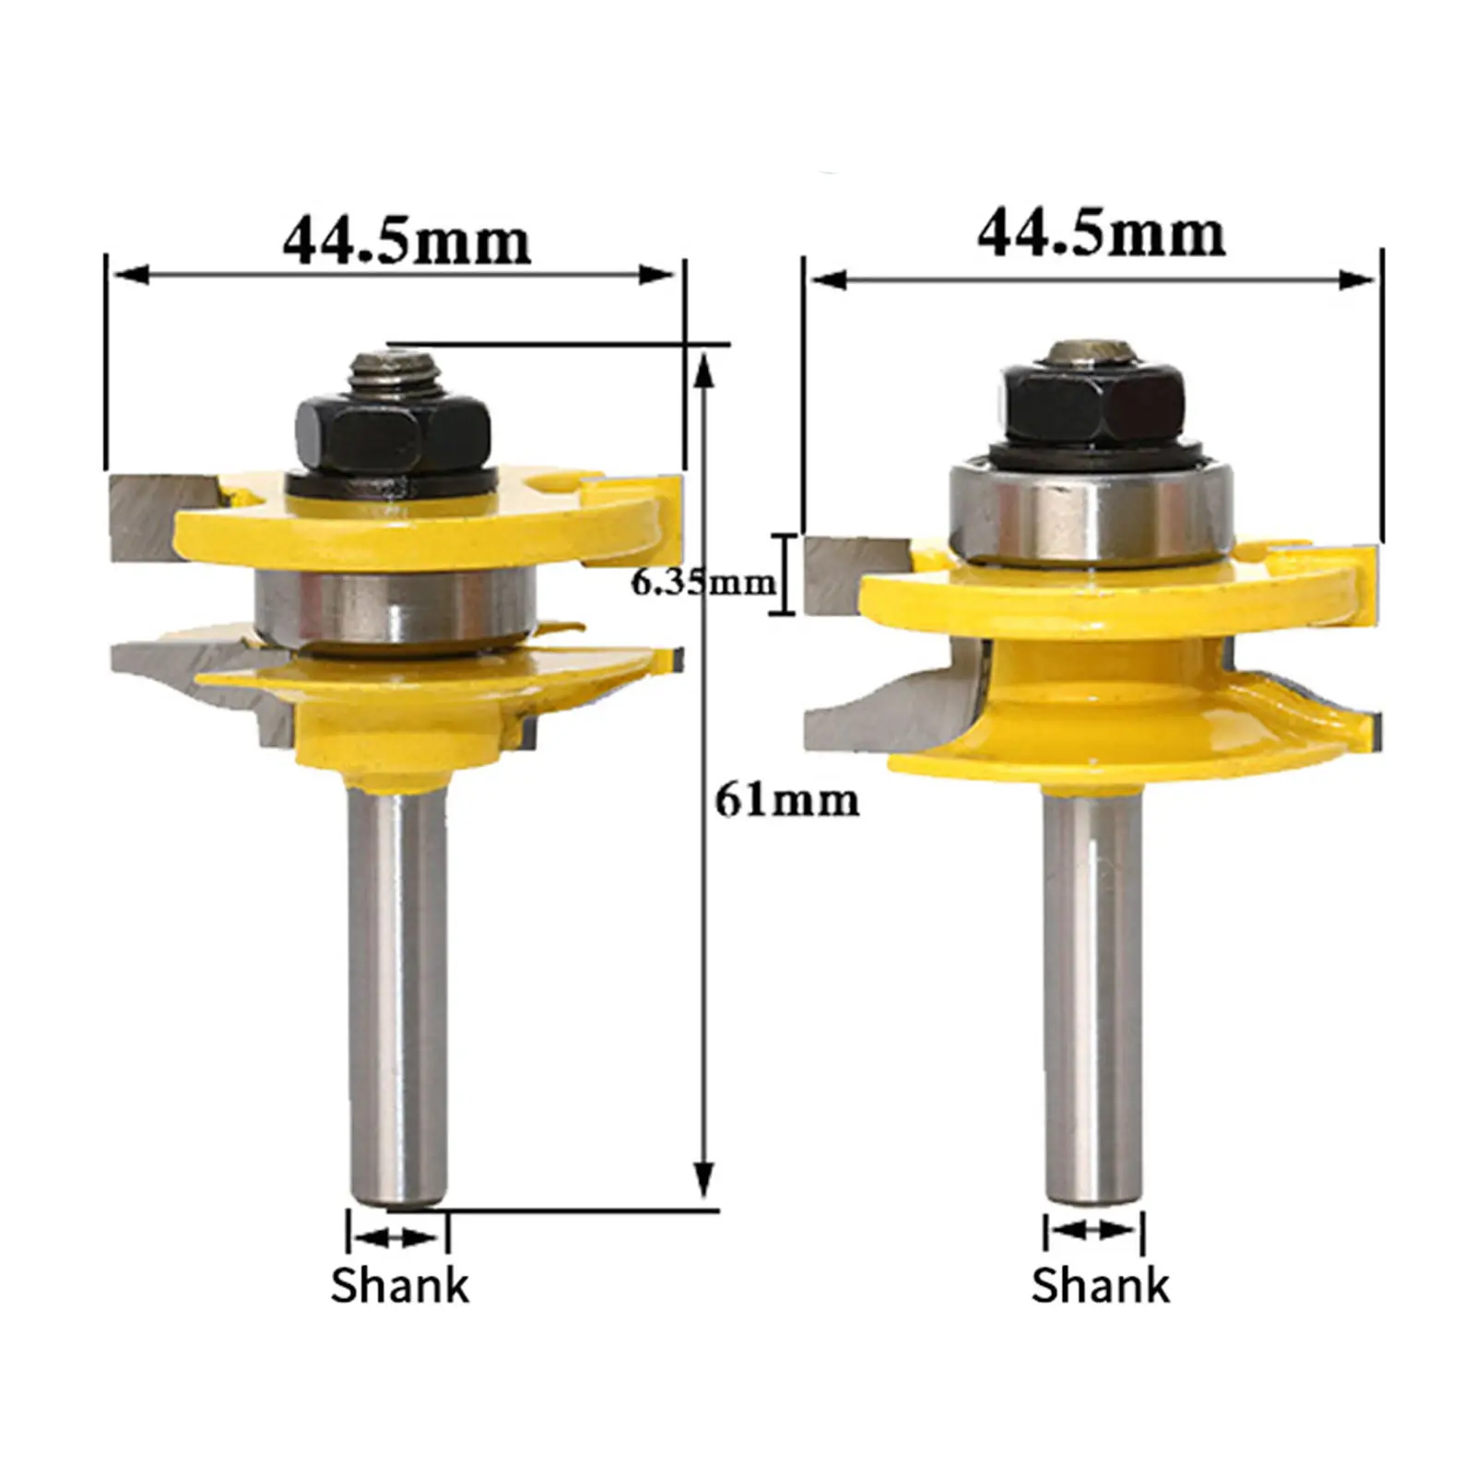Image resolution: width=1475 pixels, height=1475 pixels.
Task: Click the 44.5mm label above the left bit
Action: (x=407, y=242)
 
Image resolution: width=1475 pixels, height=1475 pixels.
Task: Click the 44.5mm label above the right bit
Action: (x=1101, y=234)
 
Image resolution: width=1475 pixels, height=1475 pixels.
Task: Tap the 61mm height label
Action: (x=786, y=800)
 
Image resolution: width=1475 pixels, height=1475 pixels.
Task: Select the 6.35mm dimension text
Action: (x=702, y=583)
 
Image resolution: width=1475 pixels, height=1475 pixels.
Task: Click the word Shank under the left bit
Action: (x=399, y=1285)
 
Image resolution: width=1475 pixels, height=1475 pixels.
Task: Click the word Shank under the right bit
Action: (x=1100, y=1285)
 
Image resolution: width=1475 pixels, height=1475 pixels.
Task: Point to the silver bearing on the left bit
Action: (x=395, y=605)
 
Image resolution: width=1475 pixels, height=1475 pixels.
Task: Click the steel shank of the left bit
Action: (x=398, y=996)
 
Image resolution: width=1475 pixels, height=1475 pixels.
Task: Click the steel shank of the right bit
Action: (x=1092, y=996)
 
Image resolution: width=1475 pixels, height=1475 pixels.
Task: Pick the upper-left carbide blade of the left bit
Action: (x=147, y=518)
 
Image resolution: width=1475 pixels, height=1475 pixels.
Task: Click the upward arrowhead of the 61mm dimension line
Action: (x=704, y=369)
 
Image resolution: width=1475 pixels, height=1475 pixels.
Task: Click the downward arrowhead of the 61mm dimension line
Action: (x=704, y=1179)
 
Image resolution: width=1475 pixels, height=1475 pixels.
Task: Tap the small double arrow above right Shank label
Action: (x=1094, y=1230)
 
